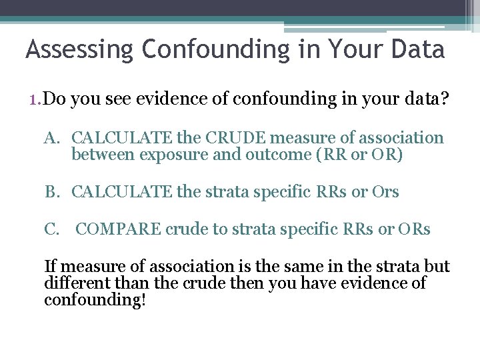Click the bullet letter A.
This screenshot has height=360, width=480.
click(54, 138)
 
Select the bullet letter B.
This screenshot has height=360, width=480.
click(54, 192)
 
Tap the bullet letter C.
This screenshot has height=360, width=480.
click(54, 229)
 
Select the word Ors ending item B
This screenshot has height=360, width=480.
click(385, 192)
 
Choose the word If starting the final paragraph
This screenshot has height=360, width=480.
click(50, 267)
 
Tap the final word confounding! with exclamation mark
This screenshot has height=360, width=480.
click(95, 299)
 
